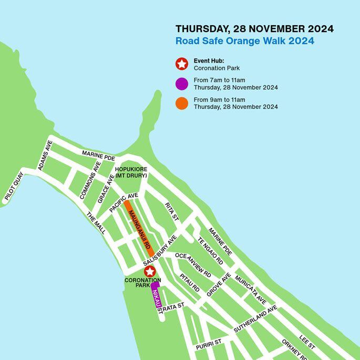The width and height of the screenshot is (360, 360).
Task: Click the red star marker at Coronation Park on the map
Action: pyautogui.click(x=150, y=272)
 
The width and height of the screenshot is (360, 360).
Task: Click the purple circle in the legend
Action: pyautogui.click(x=182, y=84)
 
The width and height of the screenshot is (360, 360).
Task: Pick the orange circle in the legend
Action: pyautogui.click(x=182, y=103)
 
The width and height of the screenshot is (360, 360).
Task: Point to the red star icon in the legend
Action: pyautogui.click(x=182, y=64)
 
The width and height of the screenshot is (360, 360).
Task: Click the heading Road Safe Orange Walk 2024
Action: pyautogui.click(x=245, y=41)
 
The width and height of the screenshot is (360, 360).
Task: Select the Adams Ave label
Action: pyautogui.click(x=45, y=156)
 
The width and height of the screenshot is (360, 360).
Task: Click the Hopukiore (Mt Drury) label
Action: pyautogui.click(x=131, y=172)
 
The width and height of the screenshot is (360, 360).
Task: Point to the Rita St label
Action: pyautogui.click(x=172, y=211)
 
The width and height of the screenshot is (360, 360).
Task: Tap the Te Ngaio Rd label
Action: pyautogui.click(x=210, y=251)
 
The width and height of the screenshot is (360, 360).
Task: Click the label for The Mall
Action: pyautogui.click(x=96, y=224)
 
